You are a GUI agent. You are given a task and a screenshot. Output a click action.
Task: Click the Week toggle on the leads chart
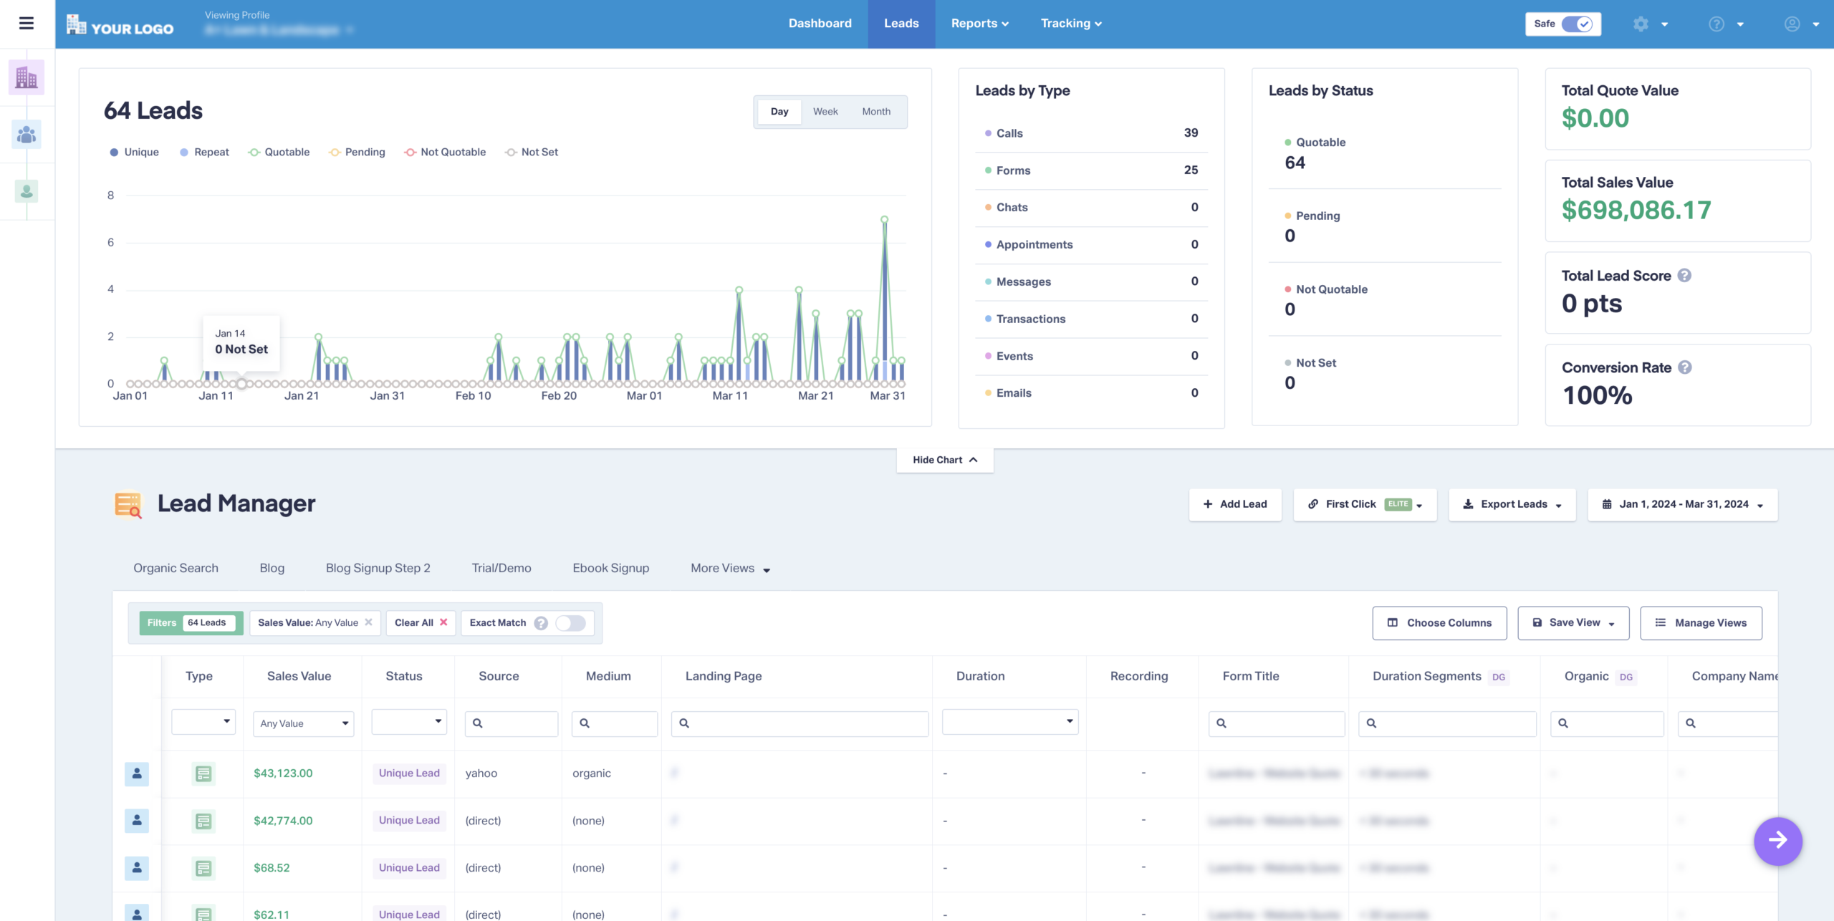click(825, 112)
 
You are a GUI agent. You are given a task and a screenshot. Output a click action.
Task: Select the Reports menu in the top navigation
click(979, 24)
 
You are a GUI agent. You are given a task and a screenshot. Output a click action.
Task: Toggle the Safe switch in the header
click(1577, 24)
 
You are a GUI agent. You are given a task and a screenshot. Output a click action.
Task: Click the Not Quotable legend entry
click(445, 152)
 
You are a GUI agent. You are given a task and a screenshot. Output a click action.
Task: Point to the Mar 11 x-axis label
click(730, 396)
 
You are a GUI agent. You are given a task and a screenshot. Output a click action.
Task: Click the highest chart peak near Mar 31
click(884, 220)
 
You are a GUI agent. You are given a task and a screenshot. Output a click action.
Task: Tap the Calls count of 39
click(1191, 133)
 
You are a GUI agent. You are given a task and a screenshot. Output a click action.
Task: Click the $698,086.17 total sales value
click(1636, 211)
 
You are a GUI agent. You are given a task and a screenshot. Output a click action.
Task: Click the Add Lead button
click(1235, 504)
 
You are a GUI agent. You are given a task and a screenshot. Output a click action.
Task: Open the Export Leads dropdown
click(1512, 504)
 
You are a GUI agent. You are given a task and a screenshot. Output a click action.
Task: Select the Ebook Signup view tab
click(610, 568)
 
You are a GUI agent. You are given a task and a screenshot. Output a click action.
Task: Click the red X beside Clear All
click(443, 622)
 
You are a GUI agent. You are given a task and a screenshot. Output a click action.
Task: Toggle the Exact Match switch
click(570, 623)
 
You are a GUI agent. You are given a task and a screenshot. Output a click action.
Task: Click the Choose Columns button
click(1439, 623)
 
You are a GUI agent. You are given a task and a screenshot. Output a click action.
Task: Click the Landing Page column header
click(723, 676)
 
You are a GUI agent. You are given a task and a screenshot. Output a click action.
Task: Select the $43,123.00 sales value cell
click(283, 773)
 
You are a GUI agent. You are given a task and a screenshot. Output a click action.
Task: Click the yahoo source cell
click(481, 773)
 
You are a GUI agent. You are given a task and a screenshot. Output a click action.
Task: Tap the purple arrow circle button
click(1777, 841)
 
